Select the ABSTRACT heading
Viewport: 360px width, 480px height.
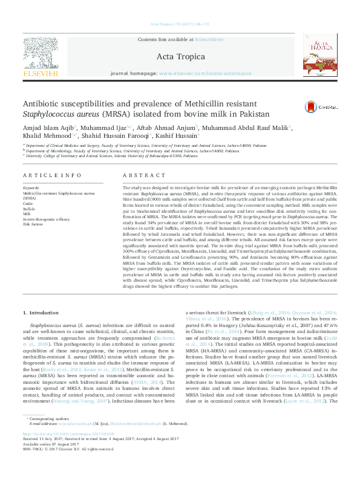point(136,175)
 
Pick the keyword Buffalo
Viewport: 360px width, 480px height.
point(29,208)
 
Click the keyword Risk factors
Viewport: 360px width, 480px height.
point(33,224)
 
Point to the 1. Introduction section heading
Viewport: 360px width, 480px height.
point(42,313)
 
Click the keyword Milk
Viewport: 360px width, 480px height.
point(27,213)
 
